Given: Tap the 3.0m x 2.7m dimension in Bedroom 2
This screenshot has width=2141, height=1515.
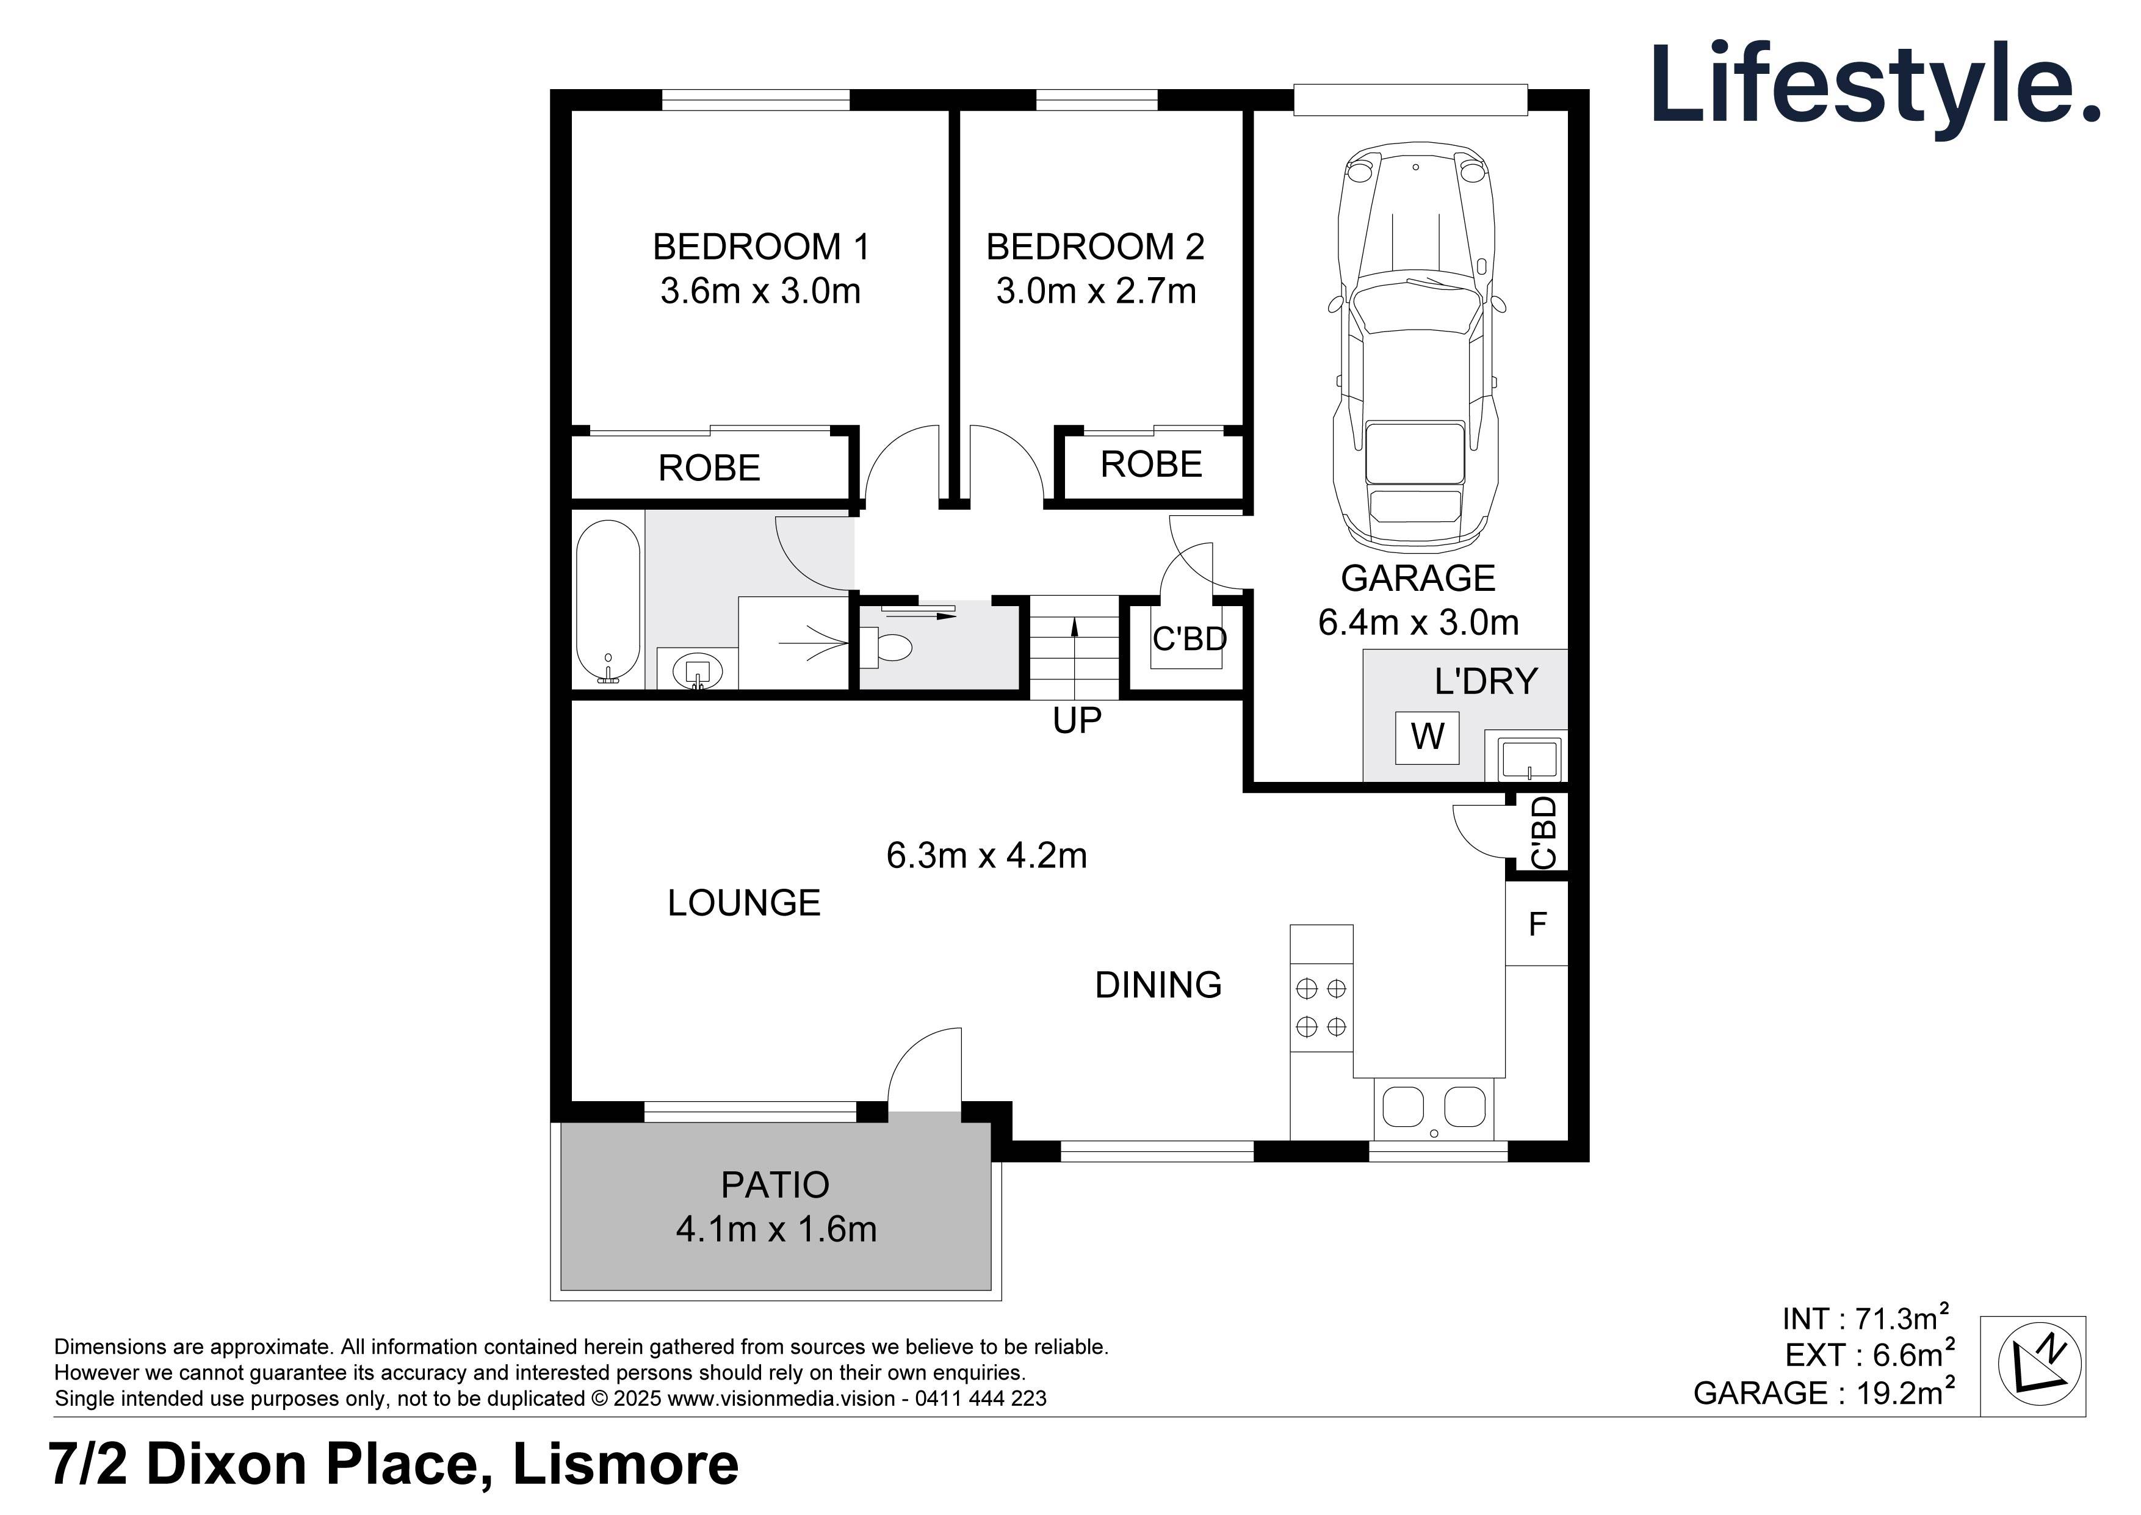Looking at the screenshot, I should point(1096,291).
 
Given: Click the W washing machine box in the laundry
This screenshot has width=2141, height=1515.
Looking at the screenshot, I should point(1427,737).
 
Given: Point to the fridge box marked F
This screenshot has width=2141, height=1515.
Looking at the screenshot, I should point(1537,924).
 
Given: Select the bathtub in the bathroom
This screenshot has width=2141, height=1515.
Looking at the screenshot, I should point(608,602).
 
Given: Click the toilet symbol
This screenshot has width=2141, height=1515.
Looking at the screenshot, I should point(886,646).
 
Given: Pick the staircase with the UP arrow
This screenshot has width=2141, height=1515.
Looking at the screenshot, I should point(1074,646).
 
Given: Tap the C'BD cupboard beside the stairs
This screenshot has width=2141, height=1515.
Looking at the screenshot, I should point(1189,640).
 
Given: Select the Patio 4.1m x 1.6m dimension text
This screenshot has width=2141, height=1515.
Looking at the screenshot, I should point(776,1229).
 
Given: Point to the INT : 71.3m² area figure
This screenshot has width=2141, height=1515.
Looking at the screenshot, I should point(1865,1318).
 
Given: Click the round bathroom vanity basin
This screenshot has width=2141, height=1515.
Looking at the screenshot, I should point(698,671).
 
